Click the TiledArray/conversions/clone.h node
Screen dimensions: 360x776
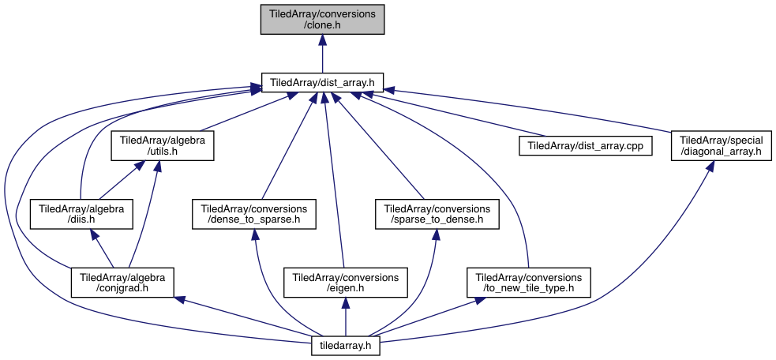(322, 19)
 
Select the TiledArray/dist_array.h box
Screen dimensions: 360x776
(322, 81)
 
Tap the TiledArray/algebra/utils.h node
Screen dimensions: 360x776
(163, 146)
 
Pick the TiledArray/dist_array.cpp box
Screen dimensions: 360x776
(585, 146)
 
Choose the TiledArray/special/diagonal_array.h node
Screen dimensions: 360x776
(721, 146)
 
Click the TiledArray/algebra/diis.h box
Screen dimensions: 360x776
(80, 214)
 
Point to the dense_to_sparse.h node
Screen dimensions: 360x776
(254, 214)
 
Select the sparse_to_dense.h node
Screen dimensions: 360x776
(437, 214)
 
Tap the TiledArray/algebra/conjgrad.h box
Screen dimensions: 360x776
(122, 281)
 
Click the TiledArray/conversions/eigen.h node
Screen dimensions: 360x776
(346, 281)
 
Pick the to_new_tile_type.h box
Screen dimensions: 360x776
(528, 281)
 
